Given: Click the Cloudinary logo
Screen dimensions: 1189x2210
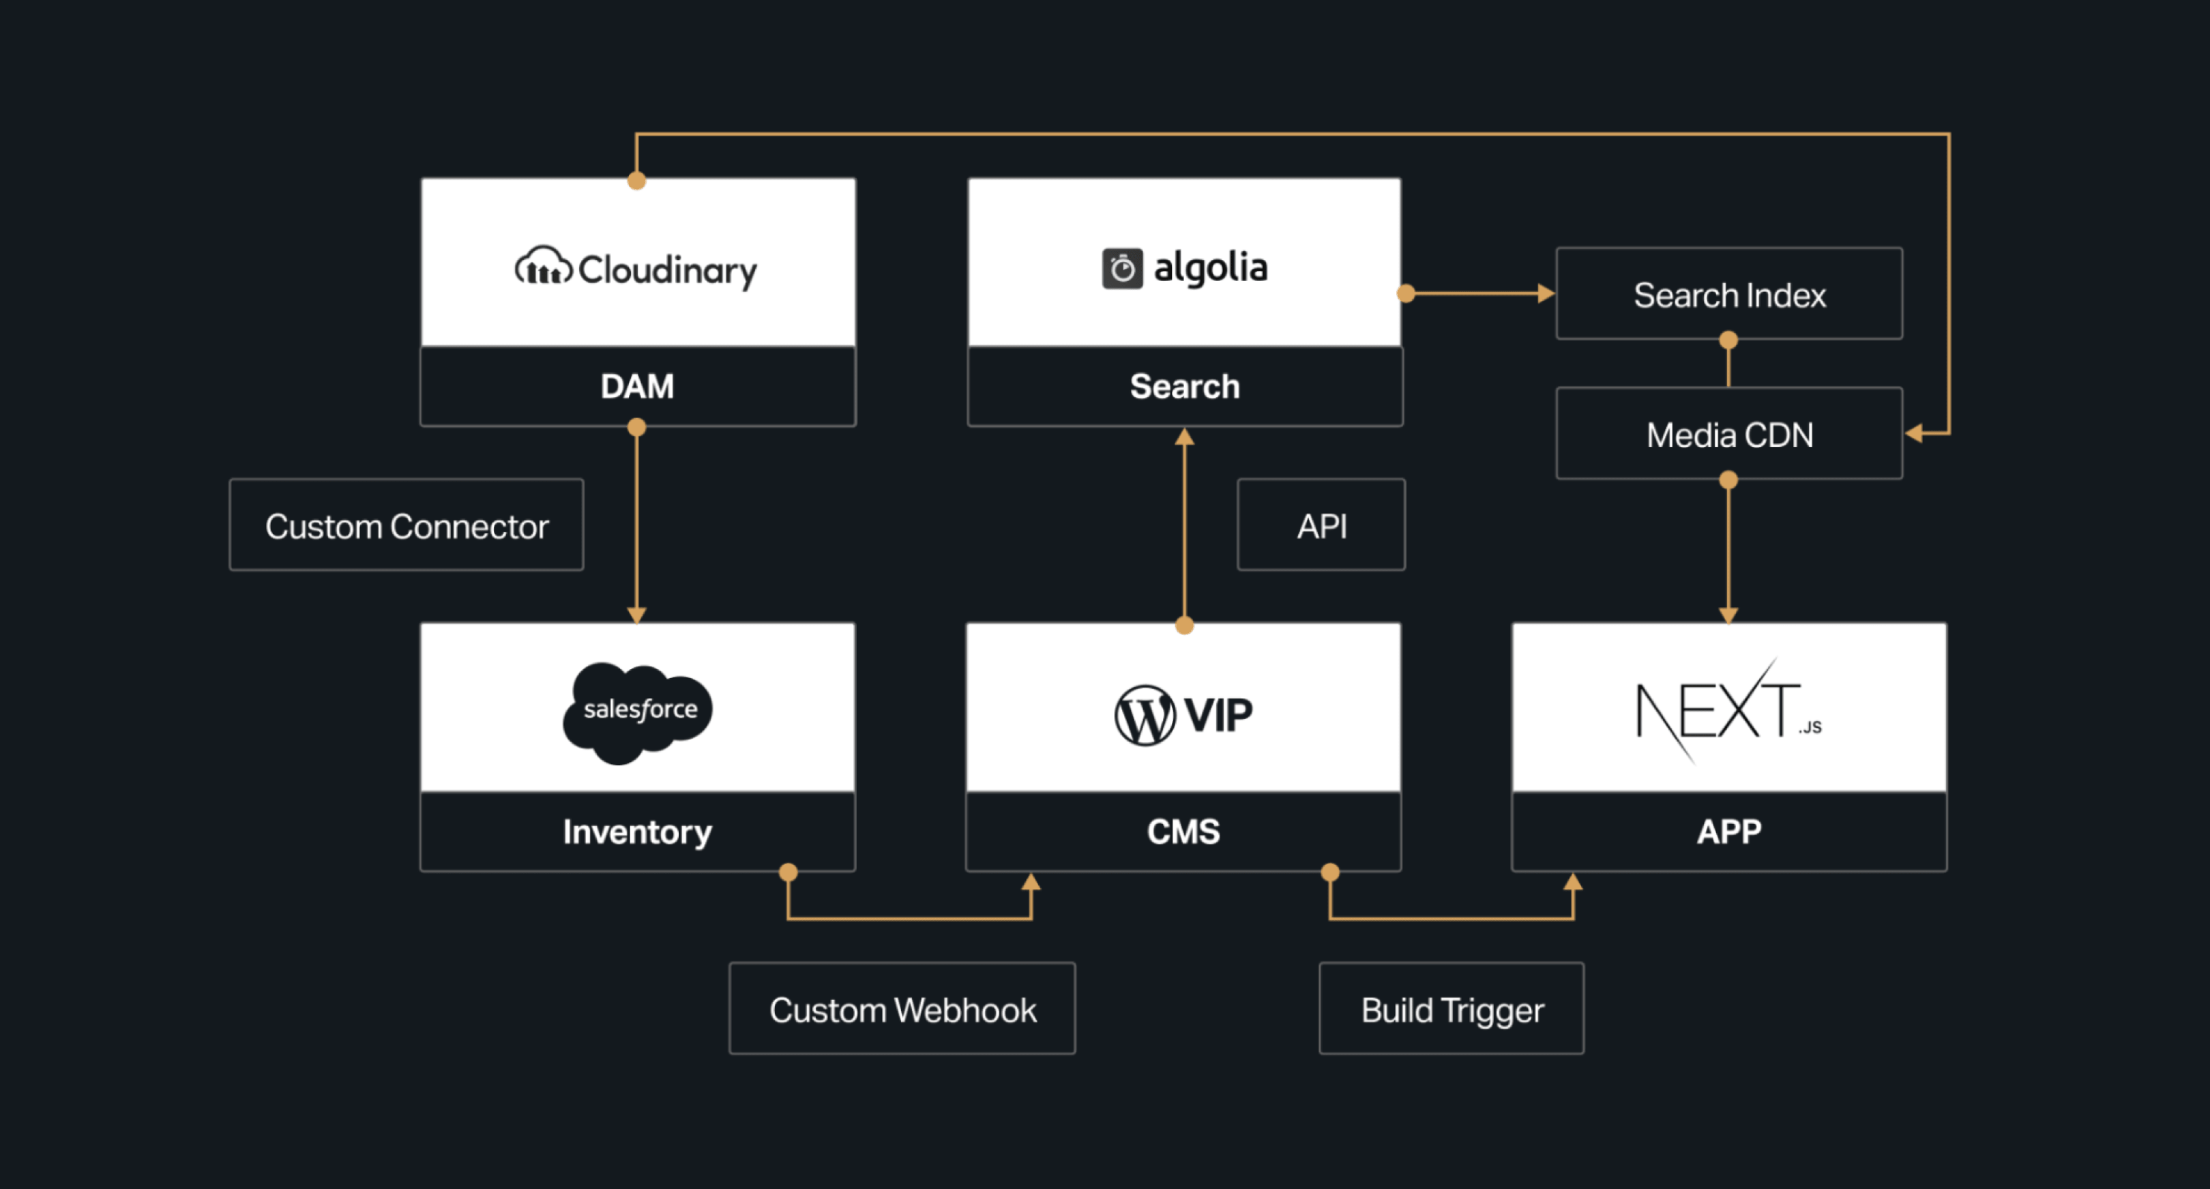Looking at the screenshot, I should (636, 269).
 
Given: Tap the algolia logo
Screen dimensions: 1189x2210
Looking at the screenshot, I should (1185, 267).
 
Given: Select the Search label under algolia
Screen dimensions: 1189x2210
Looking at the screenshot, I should (1185, 386).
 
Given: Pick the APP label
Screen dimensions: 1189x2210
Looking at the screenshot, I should (1728, 832).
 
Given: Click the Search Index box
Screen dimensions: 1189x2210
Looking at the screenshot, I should (1728, 294).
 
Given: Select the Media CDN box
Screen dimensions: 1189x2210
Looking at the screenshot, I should (1728, 434).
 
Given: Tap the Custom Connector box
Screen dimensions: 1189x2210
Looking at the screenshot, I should (407, 525).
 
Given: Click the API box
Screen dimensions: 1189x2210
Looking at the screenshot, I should (1321, 525).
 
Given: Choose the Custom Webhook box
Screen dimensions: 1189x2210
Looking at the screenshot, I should (902, 1009).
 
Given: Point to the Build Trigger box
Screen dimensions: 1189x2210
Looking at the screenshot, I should (1452, 1009).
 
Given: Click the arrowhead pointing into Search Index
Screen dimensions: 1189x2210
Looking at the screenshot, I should (1546, 293).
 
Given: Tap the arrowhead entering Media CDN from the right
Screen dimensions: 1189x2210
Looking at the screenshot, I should (1914, 433).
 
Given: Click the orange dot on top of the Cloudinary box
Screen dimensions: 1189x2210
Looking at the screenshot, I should (636, 180).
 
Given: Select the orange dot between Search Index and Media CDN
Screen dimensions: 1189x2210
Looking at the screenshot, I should (1728, 340).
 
